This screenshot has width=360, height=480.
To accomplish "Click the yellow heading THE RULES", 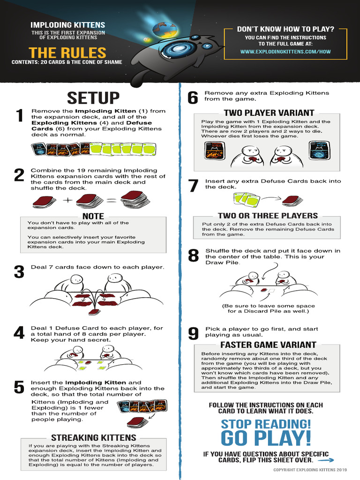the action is tap(67, 52).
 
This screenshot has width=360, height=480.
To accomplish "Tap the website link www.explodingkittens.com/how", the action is tap(285, 52).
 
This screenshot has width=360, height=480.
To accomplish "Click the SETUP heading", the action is tap(93, 98).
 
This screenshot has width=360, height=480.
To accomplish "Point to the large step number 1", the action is tap(20, 115).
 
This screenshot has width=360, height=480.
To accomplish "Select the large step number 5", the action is tap(19, 387).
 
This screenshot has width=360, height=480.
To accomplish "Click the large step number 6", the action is tap(193, 97).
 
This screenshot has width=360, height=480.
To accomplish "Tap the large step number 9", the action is tap(193, 333).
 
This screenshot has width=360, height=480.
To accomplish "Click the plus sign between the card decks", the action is tap(67, 200).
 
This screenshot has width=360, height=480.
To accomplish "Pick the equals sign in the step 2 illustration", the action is tap(112, 201).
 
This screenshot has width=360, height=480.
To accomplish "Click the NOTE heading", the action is tap(93, 216).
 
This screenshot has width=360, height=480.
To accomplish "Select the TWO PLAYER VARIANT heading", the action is tap(269, 112).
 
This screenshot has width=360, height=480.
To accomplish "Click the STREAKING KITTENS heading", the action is tap(94, 437).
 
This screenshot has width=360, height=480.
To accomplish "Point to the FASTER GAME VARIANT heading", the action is tap(268, 345).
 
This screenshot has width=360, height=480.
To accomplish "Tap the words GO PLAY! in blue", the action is tap(266, 438).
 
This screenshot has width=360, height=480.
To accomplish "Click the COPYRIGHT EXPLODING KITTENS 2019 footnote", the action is tap(310, 470).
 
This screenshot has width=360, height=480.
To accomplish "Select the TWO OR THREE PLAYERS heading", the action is tap(268, 216).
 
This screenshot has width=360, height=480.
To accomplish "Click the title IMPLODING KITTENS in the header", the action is tap(67, 25).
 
